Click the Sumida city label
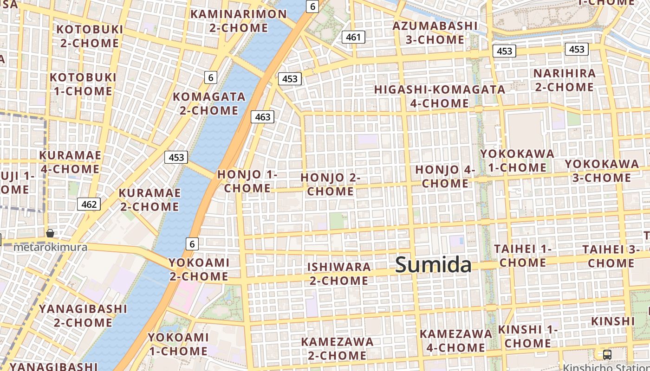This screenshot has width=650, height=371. [x=433, y=265]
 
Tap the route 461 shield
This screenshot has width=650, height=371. [x=353, y=37]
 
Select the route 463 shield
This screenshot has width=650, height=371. [x=262, y=117]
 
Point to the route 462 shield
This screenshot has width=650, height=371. [x=89, y=204]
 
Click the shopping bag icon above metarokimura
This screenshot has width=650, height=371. [x=50, y=233]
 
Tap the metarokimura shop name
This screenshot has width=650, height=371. [x=50, y=247]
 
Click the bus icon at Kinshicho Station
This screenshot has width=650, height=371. [x=607, y=355]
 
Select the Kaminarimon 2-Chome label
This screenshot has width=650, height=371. [x=239, y=21]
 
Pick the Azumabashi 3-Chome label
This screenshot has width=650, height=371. [x=435, y=32]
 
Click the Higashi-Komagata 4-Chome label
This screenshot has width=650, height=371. [x=440, y=96]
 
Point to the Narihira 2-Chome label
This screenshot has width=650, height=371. [x=564, y=80]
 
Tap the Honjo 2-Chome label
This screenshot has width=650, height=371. [x=331, y=184]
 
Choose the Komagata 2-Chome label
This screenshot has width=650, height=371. [x=209, y=103]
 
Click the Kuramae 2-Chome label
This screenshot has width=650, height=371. [x=149, y=199]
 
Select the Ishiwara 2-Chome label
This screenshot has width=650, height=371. [x=339, y=274]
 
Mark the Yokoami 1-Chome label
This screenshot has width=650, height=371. [x=178, y=344]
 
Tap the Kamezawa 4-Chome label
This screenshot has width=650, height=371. [x=455, y=340]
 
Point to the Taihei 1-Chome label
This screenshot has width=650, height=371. [x=522, y=256]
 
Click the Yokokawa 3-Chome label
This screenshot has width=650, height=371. [x=602, y=170]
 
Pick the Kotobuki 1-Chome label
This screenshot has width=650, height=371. [x=83, y=84]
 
